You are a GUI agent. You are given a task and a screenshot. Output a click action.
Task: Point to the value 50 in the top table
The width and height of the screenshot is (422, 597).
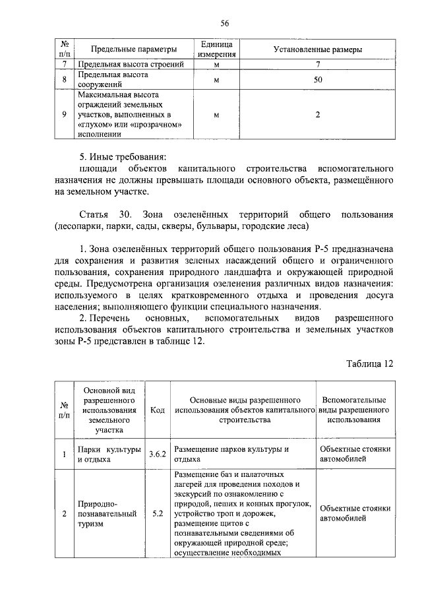click(318, 80)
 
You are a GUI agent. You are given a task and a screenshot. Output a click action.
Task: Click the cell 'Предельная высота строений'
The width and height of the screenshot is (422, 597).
click(135, 65)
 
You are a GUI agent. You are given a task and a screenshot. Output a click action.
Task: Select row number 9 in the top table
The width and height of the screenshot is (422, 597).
click(65, 114)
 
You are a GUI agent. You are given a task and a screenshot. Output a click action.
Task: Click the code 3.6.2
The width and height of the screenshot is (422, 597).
click(158, 455)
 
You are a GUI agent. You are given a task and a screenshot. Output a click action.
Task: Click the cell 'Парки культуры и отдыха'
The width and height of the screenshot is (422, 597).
click(109, 455)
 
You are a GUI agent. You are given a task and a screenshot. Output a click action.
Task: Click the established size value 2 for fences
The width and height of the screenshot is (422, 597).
click(318, 114)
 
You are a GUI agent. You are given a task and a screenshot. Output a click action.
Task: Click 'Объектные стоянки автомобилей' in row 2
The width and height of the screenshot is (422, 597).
click(355, 513)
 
